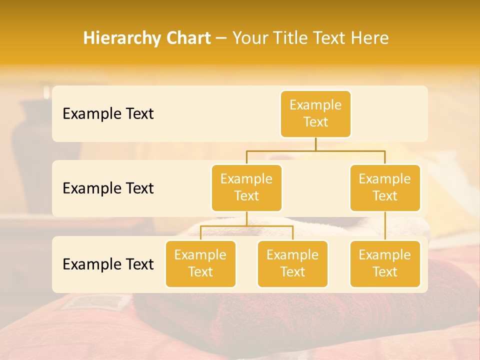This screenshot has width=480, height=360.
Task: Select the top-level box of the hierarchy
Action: coord(315,113)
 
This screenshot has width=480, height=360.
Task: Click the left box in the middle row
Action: coord(246,187)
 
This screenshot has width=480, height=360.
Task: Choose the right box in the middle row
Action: coord(385,187)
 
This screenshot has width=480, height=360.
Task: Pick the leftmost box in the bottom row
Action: coord(200,263)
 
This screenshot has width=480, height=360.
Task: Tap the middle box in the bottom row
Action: coord(292,263)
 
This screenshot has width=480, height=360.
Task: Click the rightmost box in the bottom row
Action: coord(385,263)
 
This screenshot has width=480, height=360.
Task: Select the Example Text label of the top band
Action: coord(108,113)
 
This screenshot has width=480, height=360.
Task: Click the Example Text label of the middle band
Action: coord(108,188)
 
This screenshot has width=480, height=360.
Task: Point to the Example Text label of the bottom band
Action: coord(108,264)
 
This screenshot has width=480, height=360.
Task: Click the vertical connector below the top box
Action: coord(315,144)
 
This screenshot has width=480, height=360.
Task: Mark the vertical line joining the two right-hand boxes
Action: coord(385,226)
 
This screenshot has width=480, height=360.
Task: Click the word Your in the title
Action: coord(249,38)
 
